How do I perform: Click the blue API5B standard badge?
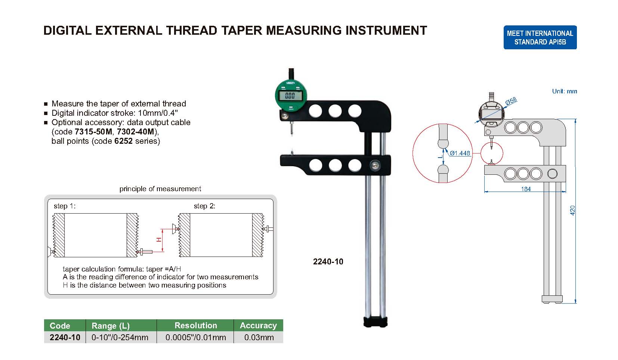click(x=540, y=37)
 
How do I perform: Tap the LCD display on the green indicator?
click(x=290, y=96)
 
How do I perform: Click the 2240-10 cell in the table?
click(x=65, y=338)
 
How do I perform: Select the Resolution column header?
click(x=195, y=325)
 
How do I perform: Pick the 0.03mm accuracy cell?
click(x=259, y=338)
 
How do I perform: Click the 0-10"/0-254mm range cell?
click(x=120, y=338)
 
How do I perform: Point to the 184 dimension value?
click(x=526, y=189)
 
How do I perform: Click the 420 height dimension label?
click(x=572, y=210)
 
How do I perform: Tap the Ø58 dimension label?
click(x=511, y=101)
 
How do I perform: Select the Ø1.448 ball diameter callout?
click(x=460, y=153)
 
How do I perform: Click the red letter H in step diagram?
click(x=159, y=239)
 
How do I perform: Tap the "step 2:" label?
click(x=204, y=206)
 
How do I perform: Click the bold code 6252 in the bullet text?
click(x=123, y=141)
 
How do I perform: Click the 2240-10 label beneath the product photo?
click(x=328, y=262)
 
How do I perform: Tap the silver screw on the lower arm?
click(x=374, y=165)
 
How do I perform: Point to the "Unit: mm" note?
click(x=564, y=91)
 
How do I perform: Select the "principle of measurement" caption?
click(x=160, y=189)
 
